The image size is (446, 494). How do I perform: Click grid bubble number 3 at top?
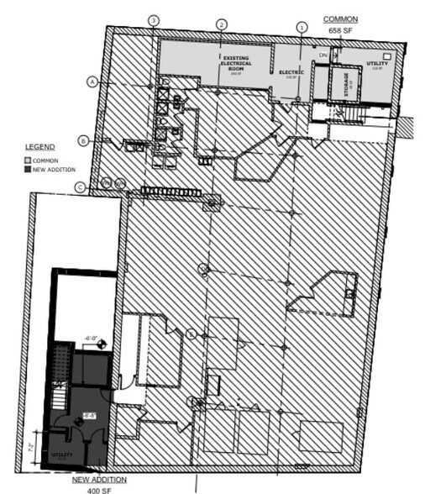point(153,20)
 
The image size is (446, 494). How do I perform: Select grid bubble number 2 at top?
point(222,24)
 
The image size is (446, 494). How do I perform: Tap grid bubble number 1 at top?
point(301,27)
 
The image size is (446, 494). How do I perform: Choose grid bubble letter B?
point(84,140)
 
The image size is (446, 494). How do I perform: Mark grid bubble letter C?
point(80,187)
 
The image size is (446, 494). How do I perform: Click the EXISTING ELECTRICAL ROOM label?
point(236,63)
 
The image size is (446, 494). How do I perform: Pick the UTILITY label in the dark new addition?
point(64,455)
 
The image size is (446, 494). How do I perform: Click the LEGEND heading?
point(39,147)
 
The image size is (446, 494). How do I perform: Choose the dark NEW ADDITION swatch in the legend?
point(27,170)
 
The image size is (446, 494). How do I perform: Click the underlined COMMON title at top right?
point(341,19)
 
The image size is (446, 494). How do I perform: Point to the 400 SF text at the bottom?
point(99,489)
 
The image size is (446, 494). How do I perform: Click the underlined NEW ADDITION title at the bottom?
point(99,479)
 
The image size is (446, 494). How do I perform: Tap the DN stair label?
point(323,55)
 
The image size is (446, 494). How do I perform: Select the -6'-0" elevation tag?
point(92,339)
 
